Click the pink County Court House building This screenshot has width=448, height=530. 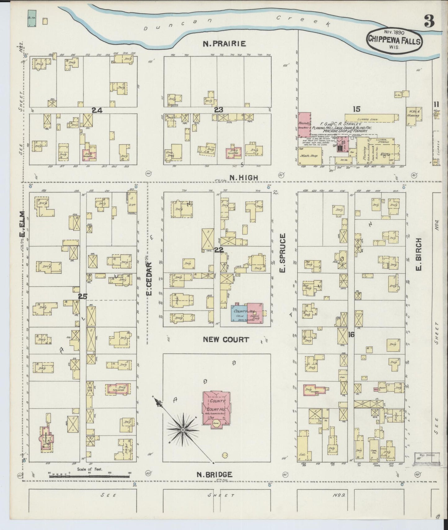coord(217,408)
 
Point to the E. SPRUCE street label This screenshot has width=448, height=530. coord(282,254)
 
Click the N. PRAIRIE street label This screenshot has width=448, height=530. coord(224,44)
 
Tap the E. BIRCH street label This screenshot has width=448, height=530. coord(419,254)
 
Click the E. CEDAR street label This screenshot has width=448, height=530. coord(149,278)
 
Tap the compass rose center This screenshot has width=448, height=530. coord(183,431)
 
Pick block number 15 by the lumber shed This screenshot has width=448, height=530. coord(356,109)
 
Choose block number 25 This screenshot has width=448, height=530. coord(82,296)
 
